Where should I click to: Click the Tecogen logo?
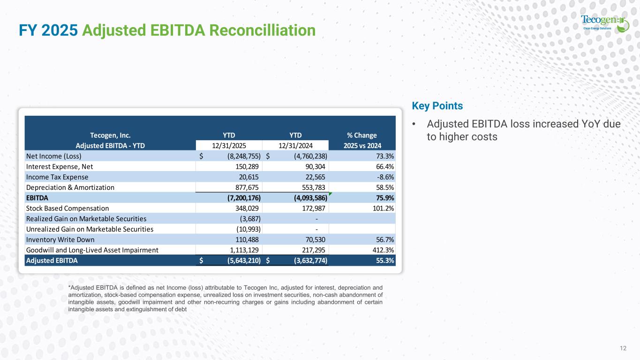pos(605,22)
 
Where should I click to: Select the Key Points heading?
pos(437,106)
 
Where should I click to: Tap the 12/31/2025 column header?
pos(229,145)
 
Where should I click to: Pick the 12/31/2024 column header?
pos(296,145)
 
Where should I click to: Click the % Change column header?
pos(362,135)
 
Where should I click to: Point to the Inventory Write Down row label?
pos(60,240)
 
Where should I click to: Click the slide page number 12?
pos(623,348)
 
